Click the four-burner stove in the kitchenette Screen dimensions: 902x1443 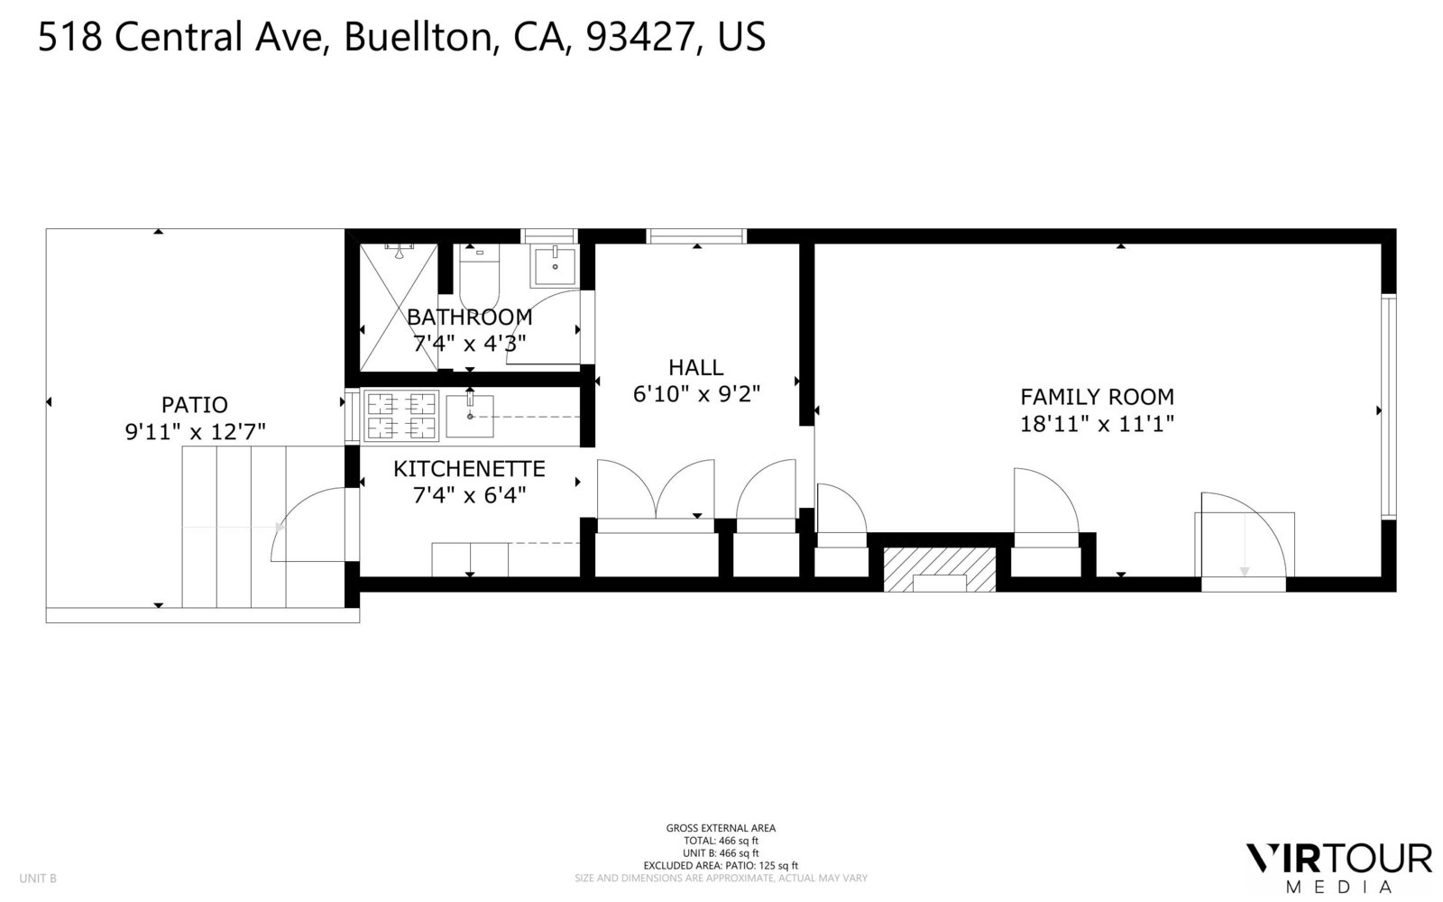coord(400,415)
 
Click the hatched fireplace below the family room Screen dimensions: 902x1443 coord(939,569)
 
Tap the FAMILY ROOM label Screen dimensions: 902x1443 coord(1097,397)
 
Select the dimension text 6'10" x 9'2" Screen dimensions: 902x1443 coord(696,394)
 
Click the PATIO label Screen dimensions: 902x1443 coord(194,405)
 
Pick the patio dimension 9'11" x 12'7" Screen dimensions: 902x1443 coord(195,433)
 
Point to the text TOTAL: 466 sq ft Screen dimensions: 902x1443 coord(721,841)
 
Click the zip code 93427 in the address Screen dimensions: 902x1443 coord(641,37)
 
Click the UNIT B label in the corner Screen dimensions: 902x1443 coord(38,878)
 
